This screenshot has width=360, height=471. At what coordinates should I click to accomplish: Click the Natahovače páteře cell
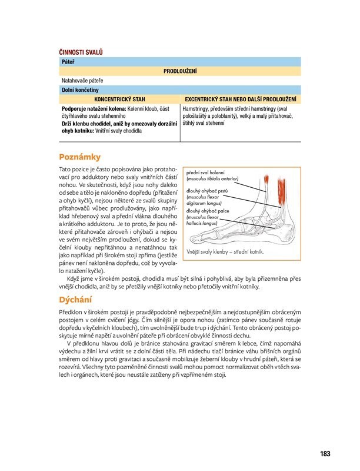click(82, 80)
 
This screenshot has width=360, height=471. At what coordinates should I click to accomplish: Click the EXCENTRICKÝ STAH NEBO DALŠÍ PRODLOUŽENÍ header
click(240, 99)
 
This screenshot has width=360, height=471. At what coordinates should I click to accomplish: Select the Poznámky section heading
click(81, 157)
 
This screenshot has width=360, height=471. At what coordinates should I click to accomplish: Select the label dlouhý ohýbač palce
click(208, 210)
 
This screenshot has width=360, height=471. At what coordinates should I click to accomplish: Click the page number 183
click(325, 453)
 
